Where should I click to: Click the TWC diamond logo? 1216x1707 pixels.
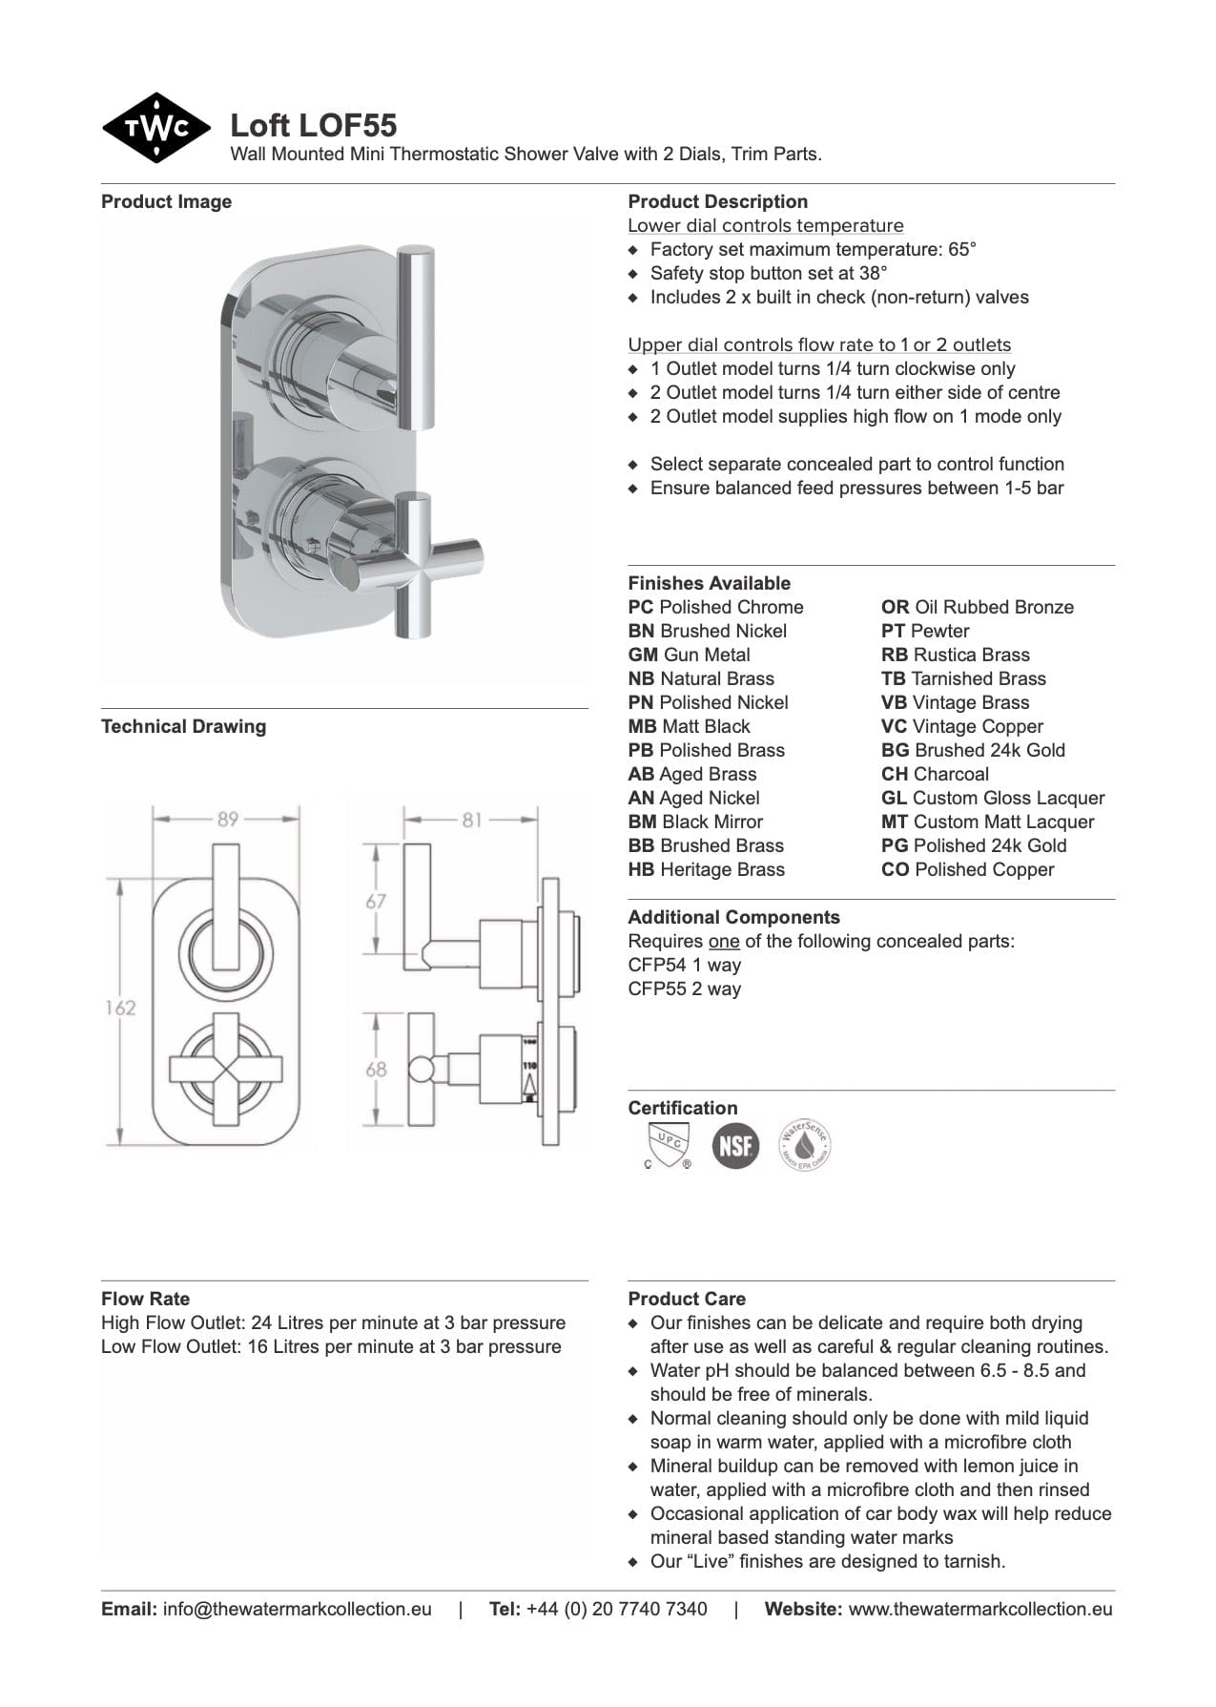pyautogui.click(x=155, y=128)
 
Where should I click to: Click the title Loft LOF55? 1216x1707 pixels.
pyautogui.click(x=314, y=126)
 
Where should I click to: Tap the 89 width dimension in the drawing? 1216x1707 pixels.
pyautogui.click(x=227, y=819)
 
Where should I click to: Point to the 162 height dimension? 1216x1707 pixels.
pyautogui.click(x=120, y=1008)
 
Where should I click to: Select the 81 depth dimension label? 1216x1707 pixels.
pyautogui.click(x=471, y=819)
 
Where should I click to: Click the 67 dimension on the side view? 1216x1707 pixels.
pyautogui.click(x=376, y=901)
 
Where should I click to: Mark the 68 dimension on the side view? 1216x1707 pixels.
pyautogui.click(x=376, y=1069)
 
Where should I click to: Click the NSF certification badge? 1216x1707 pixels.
pyautogui.click(x=735, y=1145)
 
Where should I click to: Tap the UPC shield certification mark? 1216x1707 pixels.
pyautogui.click(x=668, y=1145)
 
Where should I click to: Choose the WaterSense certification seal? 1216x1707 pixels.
pyautogui.click(x=804, y=1145)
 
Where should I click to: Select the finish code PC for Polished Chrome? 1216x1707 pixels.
pyautogui.click(x=640, y=607)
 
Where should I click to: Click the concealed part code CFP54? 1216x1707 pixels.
pyautogui.click(x=657, y=965)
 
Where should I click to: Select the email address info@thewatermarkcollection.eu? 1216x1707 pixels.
pyautogui.click(x=297, y=1609)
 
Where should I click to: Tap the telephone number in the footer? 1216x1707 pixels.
pyautogui.click(x=616, y=1609)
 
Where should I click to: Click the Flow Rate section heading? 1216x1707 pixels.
pyautogui.click(x=145, y=1299)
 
